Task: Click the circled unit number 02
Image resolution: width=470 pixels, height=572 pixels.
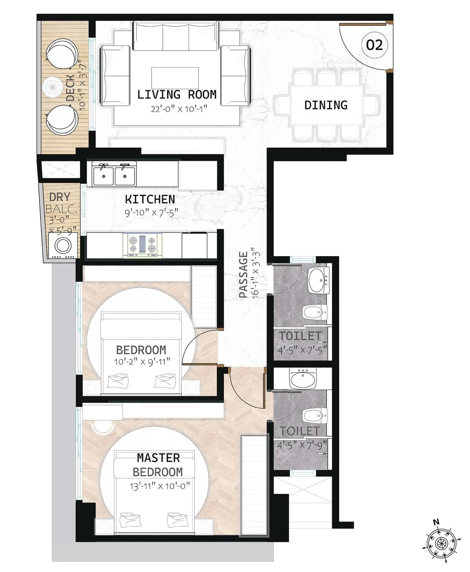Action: [374, 45]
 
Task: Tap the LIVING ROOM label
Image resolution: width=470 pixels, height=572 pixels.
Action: [177, 95]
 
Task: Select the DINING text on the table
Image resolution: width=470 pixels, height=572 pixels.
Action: [326, 105]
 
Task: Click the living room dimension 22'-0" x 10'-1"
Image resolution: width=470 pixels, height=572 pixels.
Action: [179, 109]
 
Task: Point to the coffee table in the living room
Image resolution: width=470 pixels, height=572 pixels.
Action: [175, 78]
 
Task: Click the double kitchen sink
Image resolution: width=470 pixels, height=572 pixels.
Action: [114, 176]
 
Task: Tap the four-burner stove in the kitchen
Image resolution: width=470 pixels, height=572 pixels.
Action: [142, 244]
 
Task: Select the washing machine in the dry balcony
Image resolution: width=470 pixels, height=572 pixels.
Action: [63, 245]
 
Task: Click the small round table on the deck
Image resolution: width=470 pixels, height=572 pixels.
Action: [53, 87]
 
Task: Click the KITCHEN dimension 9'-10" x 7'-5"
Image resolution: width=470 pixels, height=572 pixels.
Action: [151, 212]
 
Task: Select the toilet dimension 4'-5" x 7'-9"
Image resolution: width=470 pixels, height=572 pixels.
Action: [302, 445]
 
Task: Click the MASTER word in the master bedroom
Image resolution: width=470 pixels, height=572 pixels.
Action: [158, 458]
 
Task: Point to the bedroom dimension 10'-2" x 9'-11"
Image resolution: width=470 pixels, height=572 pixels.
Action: [142, 361]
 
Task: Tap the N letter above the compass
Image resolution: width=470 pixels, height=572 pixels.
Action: [436, 522]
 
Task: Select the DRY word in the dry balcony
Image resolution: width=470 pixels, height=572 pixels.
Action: [60, 197]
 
